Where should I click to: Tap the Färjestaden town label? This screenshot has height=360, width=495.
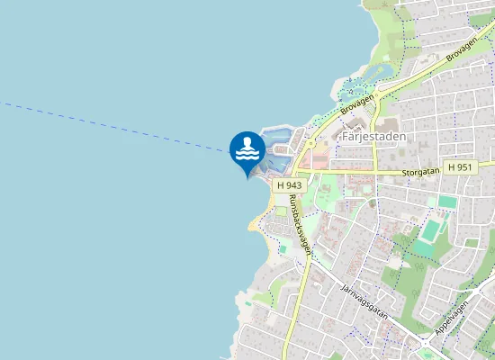[x=374, y=137]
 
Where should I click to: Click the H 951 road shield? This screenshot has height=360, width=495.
[x=459, y=167]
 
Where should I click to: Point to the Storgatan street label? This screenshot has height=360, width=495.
[x=421, y=169]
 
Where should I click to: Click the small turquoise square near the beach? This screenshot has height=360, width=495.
[x=282, y=245]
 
